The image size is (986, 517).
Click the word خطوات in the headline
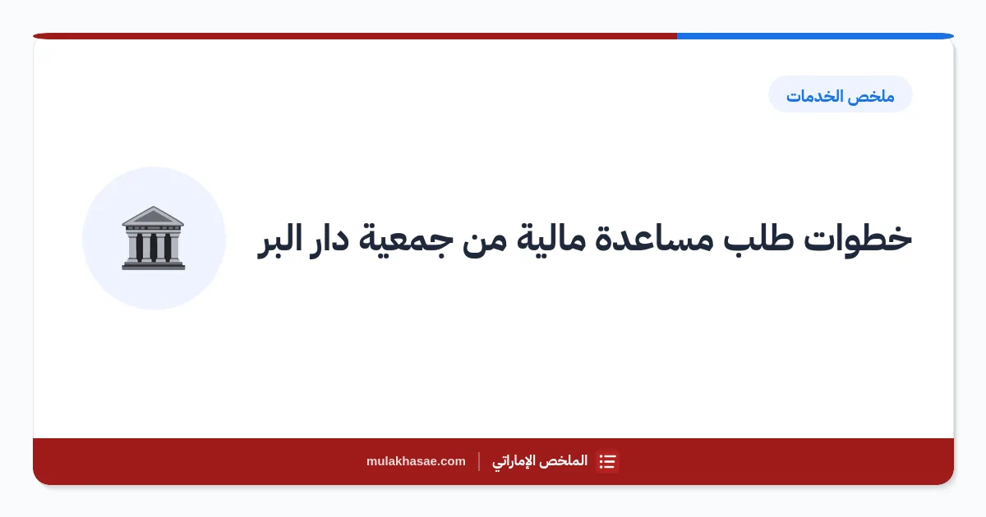858,239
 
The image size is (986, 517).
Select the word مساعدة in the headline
654,239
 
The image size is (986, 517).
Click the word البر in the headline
279,240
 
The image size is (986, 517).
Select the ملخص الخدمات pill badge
841,94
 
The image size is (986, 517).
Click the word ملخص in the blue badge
873,96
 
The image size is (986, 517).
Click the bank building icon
154,238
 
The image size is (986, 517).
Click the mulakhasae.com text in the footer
416,461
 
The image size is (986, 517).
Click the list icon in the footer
607,461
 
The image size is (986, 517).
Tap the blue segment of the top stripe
815,36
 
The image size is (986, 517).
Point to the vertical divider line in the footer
479,461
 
